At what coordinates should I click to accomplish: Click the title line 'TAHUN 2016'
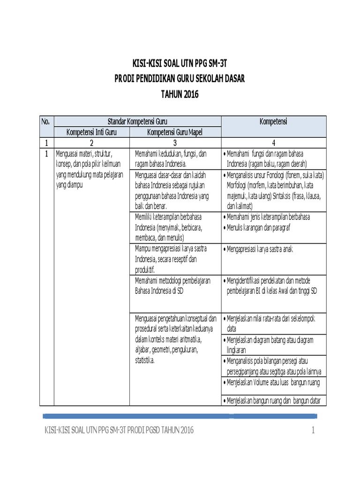coord(180,94)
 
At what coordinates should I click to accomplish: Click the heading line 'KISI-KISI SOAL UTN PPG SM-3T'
coord(180,63)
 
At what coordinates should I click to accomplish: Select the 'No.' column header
coord(46,122)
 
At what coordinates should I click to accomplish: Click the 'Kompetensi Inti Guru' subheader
coord(91,132)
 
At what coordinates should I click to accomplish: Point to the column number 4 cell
coord(273,142)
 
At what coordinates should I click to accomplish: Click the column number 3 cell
coord(174,142)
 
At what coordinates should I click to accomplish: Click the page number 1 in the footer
coord(313,430)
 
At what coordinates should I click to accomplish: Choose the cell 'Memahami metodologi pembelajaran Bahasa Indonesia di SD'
coord(173,285)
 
